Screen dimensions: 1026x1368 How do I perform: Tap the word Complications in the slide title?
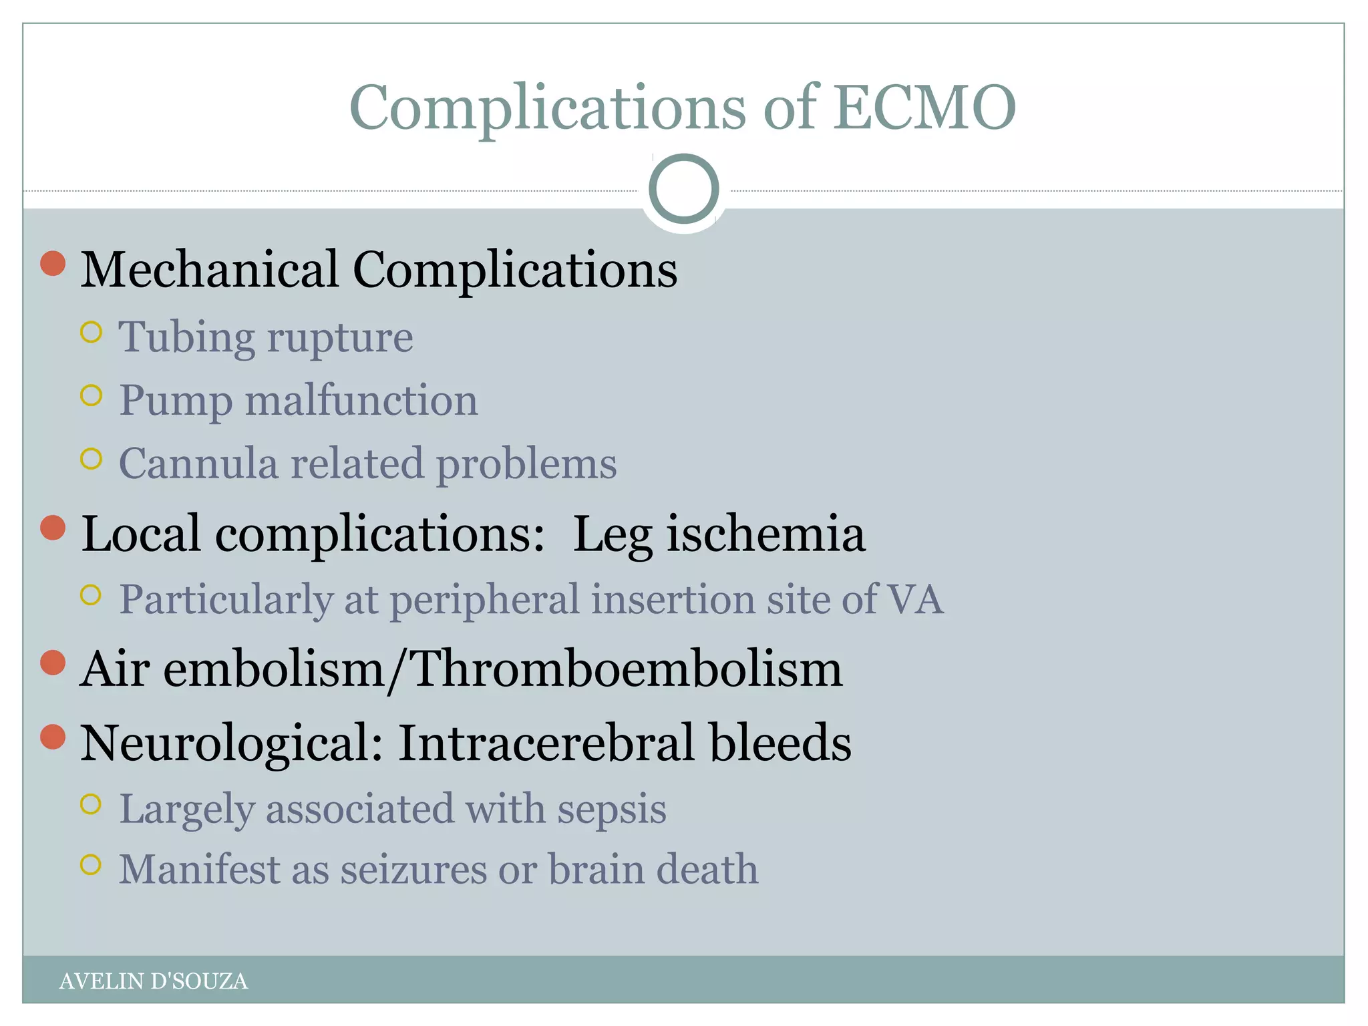coord(547,108)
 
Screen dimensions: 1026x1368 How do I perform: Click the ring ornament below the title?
coord(683,189)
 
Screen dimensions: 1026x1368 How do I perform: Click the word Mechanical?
coord(209,269)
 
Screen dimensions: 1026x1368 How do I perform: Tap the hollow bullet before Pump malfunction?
coord(91,395)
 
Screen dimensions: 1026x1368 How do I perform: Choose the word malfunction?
coord(361,400)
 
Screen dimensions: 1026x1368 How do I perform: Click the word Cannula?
coord(198,463)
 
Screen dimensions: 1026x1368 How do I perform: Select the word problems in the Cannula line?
coord(526,464)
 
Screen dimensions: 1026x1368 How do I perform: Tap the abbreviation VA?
coord(914,598)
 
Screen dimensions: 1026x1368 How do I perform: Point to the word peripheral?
coord(484,600)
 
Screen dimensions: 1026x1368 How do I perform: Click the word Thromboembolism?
coord(627,669)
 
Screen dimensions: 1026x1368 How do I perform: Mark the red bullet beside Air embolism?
coord(53,663)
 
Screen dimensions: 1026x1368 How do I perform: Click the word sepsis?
coord(611,809)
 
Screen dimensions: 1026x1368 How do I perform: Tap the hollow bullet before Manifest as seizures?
coord(91,865)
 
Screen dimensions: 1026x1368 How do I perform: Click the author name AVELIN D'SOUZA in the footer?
coord(153,981)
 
